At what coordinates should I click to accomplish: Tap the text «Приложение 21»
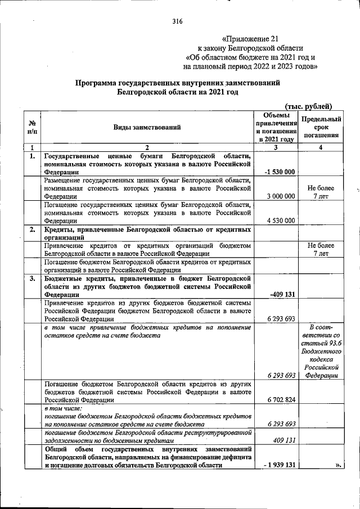tap(242, 39)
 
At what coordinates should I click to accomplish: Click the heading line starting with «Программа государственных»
tap(178, 83)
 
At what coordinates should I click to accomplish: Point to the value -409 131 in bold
tap(281, 294)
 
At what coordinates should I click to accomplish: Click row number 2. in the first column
tap(33, 229)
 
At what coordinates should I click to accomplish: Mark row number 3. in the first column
tap(33, 278)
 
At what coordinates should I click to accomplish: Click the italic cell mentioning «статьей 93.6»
tap(321, 352)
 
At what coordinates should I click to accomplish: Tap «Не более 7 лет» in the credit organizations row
tap(321, 250)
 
